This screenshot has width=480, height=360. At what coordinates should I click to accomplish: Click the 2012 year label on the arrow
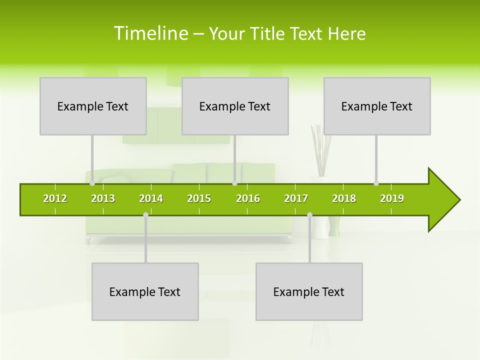pyautogui.click(x=55, y=198)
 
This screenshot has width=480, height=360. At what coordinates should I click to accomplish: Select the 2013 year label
pyautogui.click(x=103, y=198)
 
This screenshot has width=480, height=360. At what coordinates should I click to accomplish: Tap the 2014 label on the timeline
pyautogui.click(x=151, y=198)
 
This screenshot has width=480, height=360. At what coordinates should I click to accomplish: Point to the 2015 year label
pyautogui.click(x=199, y=198)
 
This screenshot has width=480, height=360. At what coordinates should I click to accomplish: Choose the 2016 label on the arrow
pyautogui.click(x=248, y=198)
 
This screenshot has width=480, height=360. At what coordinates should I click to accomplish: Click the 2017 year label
pyautogui.click(x=296, y=198)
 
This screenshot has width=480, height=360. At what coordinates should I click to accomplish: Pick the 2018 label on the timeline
pyautogui.click(x=344, y=198)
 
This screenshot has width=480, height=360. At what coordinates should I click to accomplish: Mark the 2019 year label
pyautogui.click(x=392, y=198)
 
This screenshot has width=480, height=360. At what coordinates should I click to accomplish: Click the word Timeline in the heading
pyautogui.click(x=150, y=33)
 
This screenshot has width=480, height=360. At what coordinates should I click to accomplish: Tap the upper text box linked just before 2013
pyautogui.click(x=93, y=106)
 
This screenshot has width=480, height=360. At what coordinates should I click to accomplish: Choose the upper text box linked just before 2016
pyautogui.click(x=235, y=106)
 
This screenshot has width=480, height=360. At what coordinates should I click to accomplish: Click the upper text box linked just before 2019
pyautogui.click(x=377, y=106)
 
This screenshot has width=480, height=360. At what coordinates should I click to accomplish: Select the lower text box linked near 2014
pyautogui.click(x=145, y=291)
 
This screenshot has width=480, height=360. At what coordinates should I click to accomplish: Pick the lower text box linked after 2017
pyautogui.click(x=309, y=291)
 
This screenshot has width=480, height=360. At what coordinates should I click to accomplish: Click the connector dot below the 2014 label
pyautogui.click(x=145, y=215)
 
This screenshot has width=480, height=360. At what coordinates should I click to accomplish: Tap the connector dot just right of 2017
pyautogui.click(x=309, y=215)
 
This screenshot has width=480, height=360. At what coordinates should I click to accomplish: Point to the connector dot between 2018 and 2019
pyautogui.click(x=376, y=183)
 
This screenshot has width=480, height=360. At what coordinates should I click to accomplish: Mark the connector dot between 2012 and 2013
pyautogui.click(x=92, y=183)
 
